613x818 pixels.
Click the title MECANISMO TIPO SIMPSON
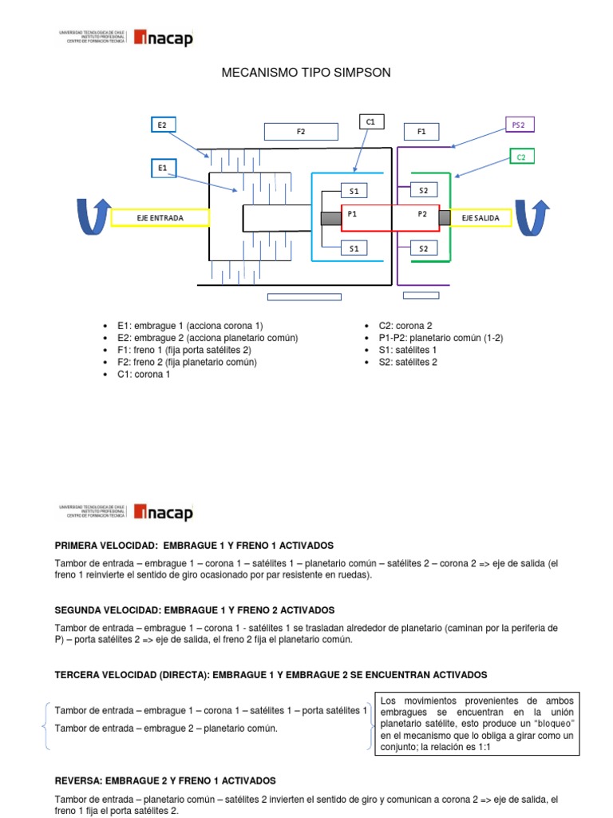pyautogui.click(x=306, y=73)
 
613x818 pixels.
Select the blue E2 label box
pyautogui.click(x=163, y=125)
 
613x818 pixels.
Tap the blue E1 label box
pyautogui.click(x=163, y=168)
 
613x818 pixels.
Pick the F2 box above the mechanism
pyautogui.click(x=301, y=131)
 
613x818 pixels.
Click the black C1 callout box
pyautogui.click(x=370, y=121)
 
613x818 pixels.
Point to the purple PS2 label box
pyautogui.click(x=519, y=125)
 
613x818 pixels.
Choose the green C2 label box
pyautogui.click(x=520, y=157)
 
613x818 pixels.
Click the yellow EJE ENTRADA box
pyautogui.click(x=160, y=217)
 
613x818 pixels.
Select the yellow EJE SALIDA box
pyautogui.click(x=480, y=217)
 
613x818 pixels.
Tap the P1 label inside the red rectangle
pyautogui.click(x=352, y=214)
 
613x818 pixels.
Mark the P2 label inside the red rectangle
pyautogui.click(x=422, y=214)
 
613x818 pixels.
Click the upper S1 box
pyautogui.click(x=354, y=190)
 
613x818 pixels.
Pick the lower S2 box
pyautogui.click(x=424, y=248)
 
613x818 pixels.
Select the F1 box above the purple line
pyautogui.click(x=421, y=131)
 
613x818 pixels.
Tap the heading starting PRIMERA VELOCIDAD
pyautogui.click(x=194, y=546)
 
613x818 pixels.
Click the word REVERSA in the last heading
pyautogui.click(x=78, y=780)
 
